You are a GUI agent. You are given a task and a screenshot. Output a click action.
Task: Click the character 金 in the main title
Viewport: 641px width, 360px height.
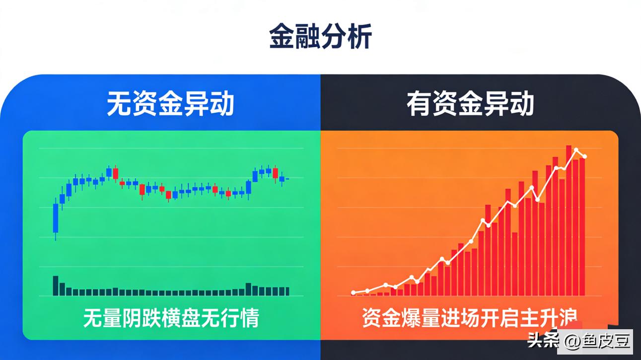[x=282, y=37]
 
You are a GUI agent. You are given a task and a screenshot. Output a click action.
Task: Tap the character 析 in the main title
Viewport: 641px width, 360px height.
[x=359, y=37]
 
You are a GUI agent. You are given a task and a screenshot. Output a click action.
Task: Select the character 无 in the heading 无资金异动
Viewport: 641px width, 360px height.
[x=119, y=105]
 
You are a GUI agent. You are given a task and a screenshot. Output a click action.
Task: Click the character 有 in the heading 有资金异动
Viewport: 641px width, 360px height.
[x=419, y=105]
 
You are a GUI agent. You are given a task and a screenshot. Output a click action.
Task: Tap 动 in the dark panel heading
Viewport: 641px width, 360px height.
[x=521, y=105]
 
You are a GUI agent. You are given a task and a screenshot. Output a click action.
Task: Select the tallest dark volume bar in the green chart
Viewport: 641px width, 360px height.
[x=56, y=286]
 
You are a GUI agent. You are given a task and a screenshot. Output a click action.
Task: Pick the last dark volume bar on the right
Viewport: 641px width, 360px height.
[x=286, y=291]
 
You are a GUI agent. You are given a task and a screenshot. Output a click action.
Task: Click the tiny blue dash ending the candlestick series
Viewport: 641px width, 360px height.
[x=287, y=178]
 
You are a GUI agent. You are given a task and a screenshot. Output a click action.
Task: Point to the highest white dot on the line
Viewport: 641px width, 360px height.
[x=576, y=149]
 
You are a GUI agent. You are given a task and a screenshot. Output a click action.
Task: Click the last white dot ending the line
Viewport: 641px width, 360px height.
[x=585, y=157]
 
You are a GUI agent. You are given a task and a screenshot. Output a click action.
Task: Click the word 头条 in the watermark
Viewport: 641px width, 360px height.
[x=543, y=341]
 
